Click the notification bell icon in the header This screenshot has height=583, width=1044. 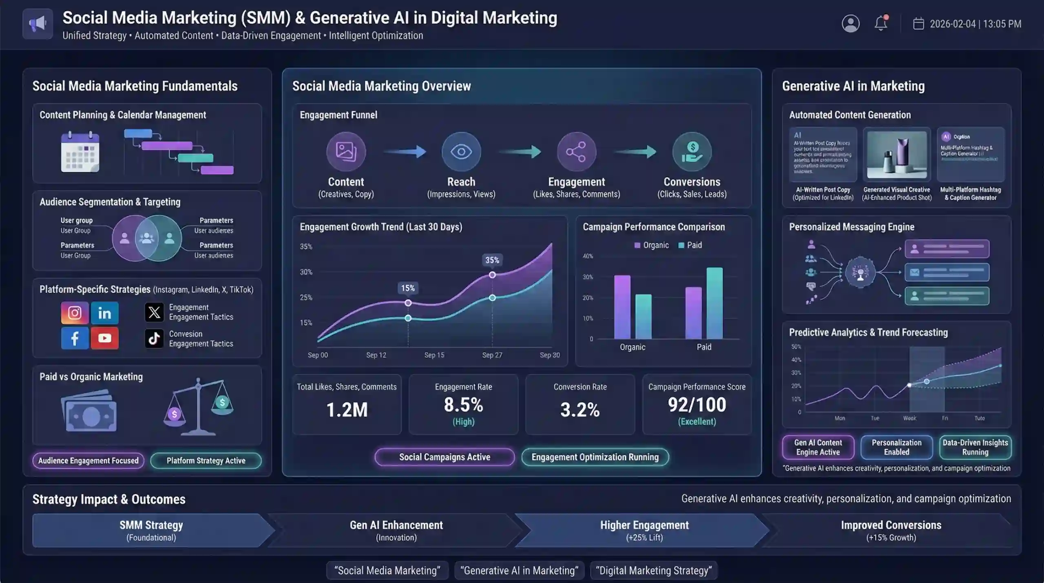click(881, 23)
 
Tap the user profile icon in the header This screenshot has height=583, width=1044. click(850, 23)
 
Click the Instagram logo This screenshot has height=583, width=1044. click(75, 313)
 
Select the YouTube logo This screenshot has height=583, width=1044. click(104, 338)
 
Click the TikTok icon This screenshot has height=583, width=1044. click(154, 338)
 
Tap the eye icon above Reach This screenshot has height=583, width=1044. click(461, 152)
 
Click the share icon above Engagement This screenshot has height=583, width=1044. click(576, 152)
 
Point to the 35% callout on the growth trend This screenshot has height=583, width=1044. click(492, 260)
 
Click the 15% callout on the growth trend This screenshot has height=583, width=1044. click(408, 288)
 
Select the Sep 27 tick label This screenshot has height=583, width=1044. click(492, 355)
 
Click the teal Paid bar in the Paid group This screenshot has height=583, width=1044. click(714, 303)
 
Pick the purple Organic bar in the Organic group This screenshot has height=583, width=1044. click(622, 307)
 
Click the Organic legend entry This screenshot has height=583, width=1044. click(652, 245)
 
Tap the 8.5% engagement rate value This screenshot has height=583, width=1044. click(463, 405)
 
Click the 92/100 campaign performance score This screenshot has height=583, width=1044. click(697, 405)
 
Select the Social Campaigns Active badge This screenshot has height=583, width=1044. click(445, 457)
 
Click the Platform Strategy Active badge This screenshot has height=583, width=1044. click(206, 461)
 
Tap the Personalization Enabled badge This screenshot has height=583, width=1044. click(896, 447)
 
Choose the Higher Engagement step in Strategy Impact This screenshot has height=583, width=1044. click(644, 530)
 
